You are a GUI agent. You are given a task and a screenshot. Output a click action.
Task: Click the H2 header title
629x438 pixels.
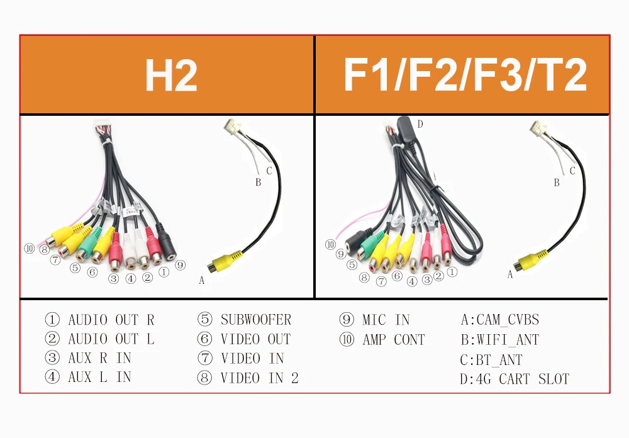pyautogui.click(x=171, y=76)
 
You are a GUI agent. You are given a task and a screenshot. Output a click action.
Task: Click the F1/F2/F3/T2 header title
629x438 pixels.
pyautogui.click(x=465, y=76)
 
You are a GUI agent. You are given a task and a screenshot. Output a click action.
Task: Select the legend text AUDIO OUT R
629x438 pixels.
pyautogui.click(x=111, y=320)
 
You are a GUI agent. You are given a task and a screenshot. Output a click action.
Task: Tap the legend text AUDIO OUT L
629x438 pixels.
pyautogui.click(x=111, y=339)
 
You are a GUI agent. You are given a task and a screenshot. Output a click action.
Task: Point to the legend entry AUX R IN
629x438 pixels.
pyautogui.click(x=99, y=358)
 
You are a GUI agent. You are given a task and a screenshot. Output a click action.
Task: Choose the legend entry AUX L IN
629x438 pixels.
pyautogui.click(x=99, y=378)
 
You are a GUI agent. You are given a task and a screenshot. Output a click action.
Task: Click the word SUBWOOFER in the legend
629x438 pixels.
pyautogui.click(x=255, y=320)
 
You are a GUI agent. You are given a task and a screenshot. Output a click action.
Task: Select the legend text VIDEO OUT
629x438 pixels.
pyautogui.click(x=255, y=339)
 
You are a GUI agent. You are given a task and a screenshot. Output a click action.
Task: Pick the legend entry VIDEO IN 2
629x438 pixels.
pyautogui.click(x=259, y=378)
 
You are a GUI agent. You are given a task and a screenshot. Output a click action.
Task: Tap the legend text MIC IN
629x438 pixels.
pyautogui.click(x=386, y=320)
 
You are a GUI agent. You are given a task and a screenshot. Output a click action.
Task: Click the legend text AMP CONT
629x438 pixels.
pyautogui.click(x=394, y=340)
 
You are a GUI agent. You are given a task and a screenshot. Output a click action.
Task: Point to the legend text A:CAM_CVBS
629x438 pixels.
pyautogui.click(x=500, y=320)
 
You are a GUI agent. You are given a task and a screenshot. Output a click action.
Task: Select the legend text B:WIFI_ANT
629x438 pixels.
pyautogui.click(x=500, y=340)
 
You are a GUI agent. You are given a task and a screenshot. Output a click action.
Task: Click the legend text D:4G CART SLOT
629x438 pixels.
pyautogui.click(x=515, y=379)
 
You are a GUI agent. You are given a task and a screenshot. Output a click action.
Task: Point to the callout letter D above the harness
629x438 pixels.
pyautogui.click(x=420, y=125)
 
